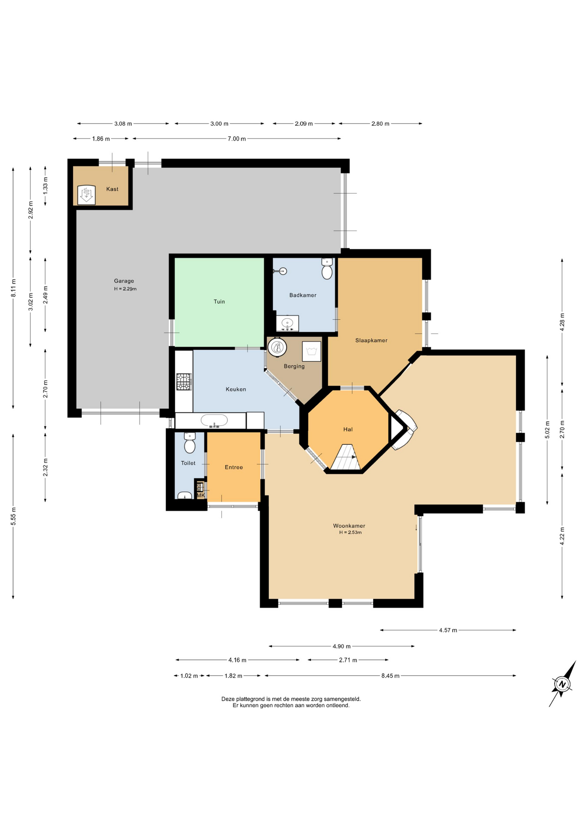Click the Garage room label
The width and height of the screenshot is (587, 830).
(124, 281)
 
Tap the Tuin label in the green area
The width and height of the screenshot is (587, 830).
(219, 302)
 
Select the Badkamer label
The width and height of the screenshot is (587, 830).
(303, 295)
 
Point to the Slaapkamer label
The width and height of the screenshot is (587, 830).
(371, 341)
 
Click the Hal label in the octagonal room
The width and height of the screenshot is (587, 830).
(348, 429)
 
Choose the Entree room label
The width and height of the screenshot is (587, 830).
(234, 467)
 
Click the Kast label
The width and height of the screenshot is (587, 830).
(112, 189)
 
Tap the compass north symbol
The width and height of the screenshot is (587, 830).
(562, 684)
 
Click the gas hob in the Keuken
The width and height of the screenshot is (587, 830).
(184, 382)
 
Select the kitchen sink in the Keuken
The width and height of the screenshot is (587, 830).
(214, 421)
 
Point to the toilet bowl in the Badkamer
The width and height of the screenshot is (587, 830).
(327, 269)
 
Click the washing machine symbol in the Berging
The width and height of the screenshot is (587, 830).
(311, 351)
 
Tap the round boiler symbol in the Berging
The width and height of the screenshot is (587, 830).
(277, 347)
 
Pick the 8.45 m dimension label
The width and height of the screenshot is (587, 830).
(390, 676)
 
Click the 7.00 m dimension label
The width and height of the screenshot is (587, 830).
(237, 139)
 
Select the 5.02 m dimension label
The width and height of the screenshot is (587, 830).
(547, 430)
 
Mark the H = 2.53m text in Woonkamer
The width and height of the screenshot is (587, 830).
(351, 533)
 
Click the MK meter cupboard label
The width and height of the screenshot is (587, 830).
(201, 495)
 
